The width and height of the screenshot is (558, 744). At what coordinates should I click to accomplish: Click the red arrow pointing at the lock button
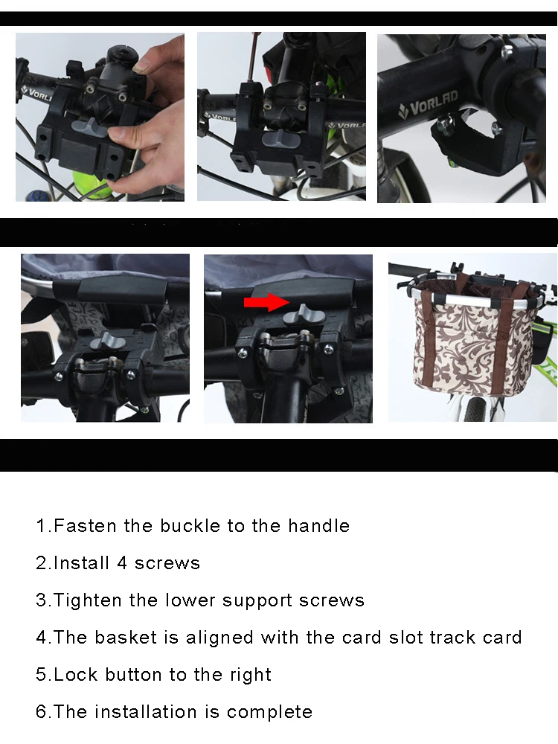pyautogui.click(x=266, y=302)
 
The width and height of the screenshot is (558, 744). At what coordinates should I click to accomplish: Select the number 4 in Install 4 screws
pyautogui.click(x=122, y=562)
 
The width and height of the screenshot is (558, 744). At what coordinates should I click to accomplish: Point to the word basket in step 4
pyautogui.click(x=126, y=638)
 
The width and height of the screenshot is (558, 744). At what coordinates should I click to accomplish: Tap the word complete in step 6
pyautogui.click(x=269, y=712)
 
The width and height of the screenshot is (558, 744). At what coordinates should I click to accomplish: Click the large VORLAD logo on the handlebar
pyautogui.click(x=428, y=106)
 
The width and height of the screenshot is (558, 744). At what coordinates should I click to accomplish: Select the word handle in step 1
pyautogui.click(x=319, y=526)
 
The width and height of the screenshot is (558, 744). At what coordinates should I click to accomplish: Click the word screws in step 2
pyautogui.click(x=167, y=563)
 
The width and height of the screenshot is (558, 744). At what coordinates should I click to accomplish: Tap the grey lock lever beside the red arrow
pyautogui.click(x=299, y=315)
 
